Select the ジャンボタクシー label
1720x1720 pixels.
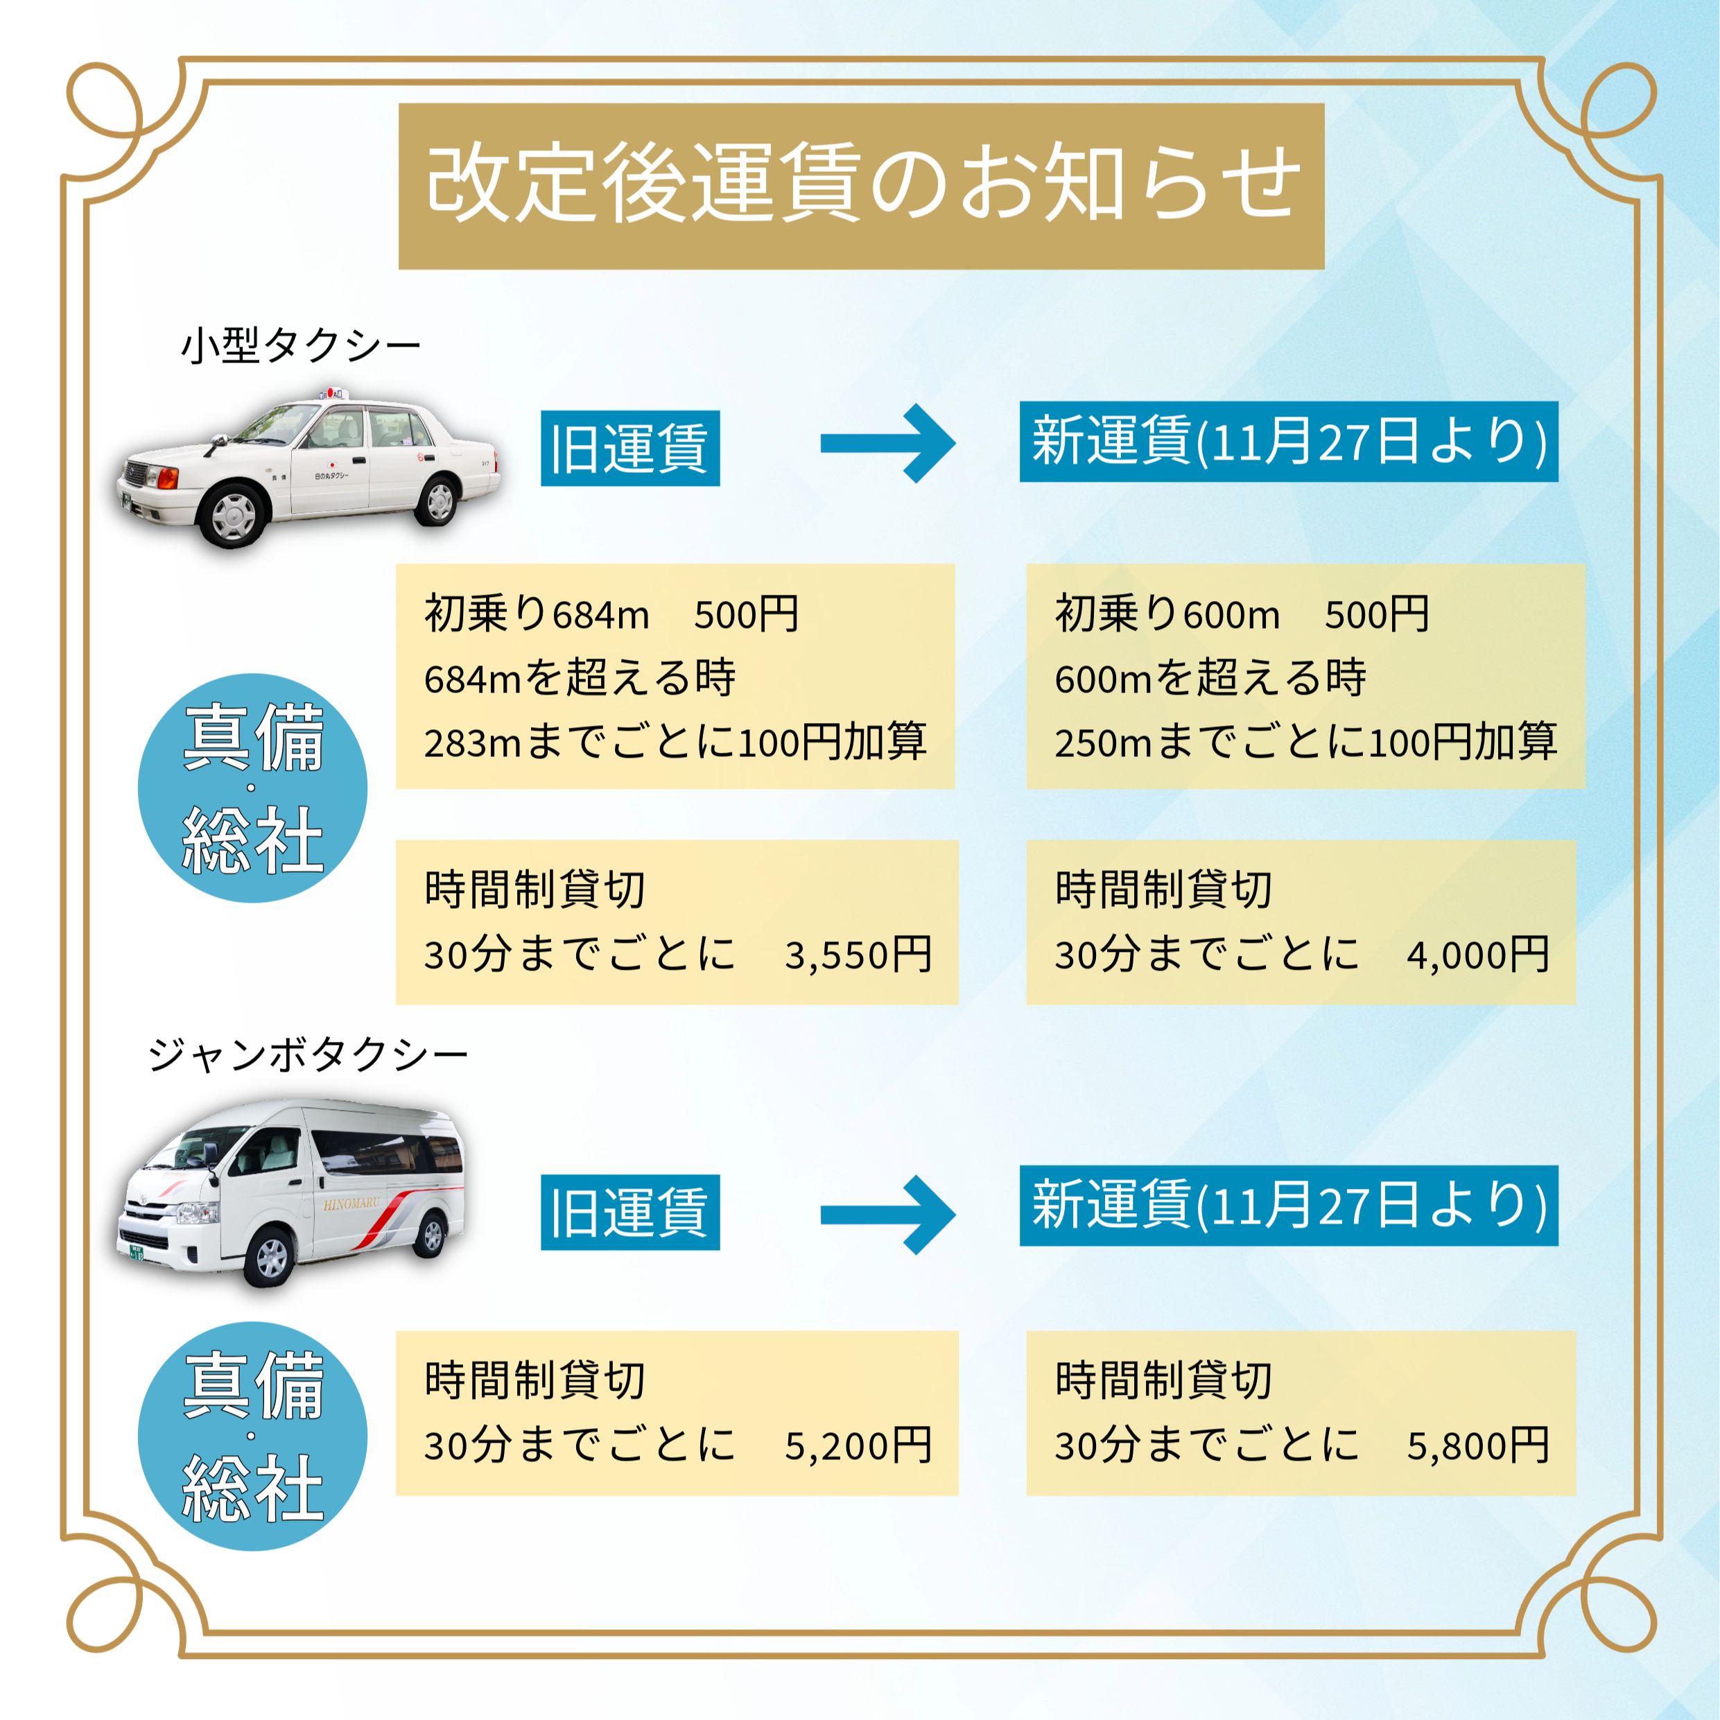(x=308, y=1056)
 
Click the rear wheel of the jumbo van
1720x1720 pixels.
(x=431, y=1235)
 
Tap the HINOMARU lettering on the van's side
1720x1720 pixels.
(x=351, y=1204)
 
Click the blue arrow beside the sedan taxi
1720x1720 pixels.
(x=887, y=444)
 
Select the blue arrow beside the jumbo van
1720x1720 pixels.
(x=887, y=1215)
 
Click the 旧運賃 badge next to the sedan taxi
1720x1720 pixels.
(x=629, y=448)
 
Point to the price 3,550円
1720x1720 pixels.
(x=858, y=955)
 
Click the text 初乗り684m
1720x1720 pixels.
(x=537, y=614)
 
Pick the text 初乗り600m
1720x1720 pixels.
(x=1167, y=614)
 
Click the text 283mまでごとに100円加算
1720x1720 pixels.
(x=675, y=742)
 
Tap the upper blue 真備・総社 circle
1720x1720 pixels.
(x=253, y=788)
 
